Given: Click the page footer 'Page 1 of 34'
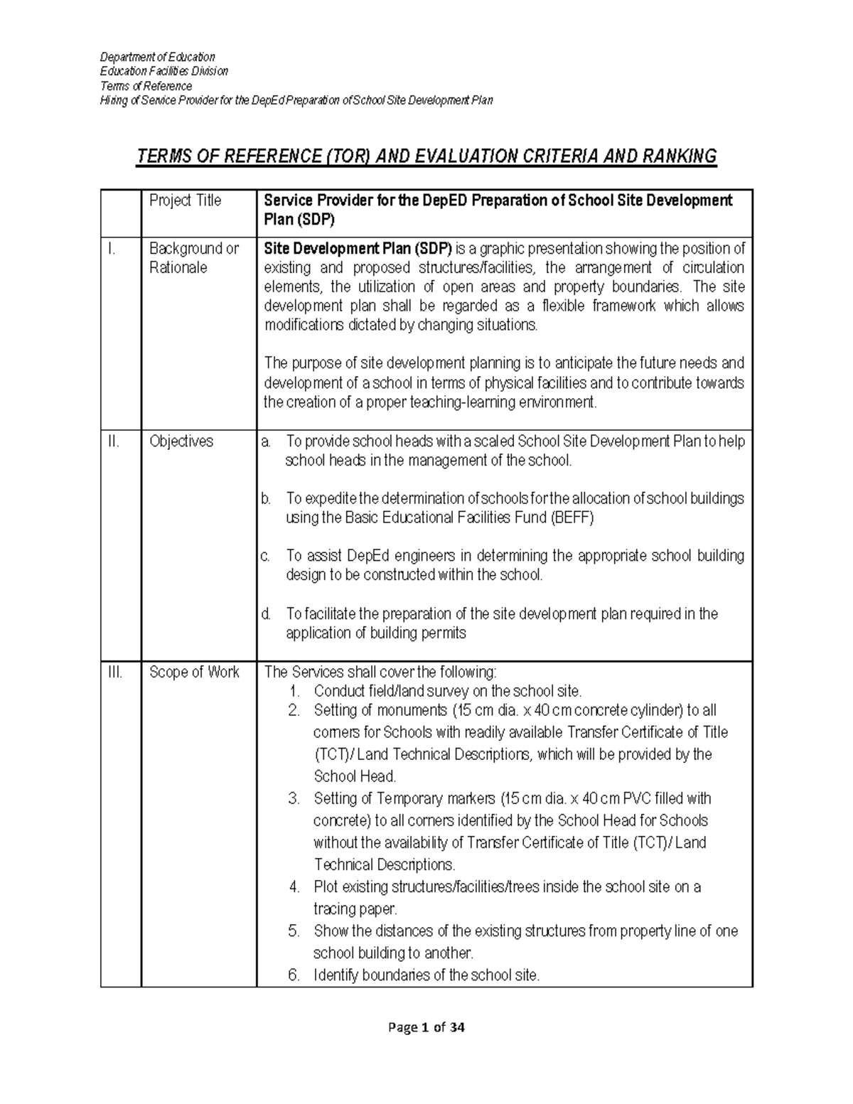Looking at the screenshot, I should point(426,1027).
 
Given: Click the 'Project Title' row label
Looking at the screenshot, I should point(185,201).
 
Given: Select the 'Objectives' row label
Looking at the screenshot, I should point(181,441).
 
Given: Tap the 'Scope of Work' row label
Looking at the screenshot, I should point(194,672).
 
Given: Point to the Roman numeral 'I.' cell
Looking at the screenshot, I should point(109,249).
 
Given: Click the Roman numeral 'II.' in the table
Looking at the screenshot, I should point(111,441).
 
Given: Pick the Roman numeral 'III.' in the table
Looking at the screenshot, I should point(113,672).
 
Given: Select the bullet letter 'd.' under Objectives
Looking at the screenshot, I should point(266,614).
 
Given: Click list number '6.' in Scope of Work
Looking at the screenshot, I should point(294,975).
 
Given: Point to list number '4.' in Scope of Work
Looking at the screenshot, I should point(294,887).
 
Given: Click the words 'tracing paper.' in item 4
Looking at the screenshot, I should point(355,909).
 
